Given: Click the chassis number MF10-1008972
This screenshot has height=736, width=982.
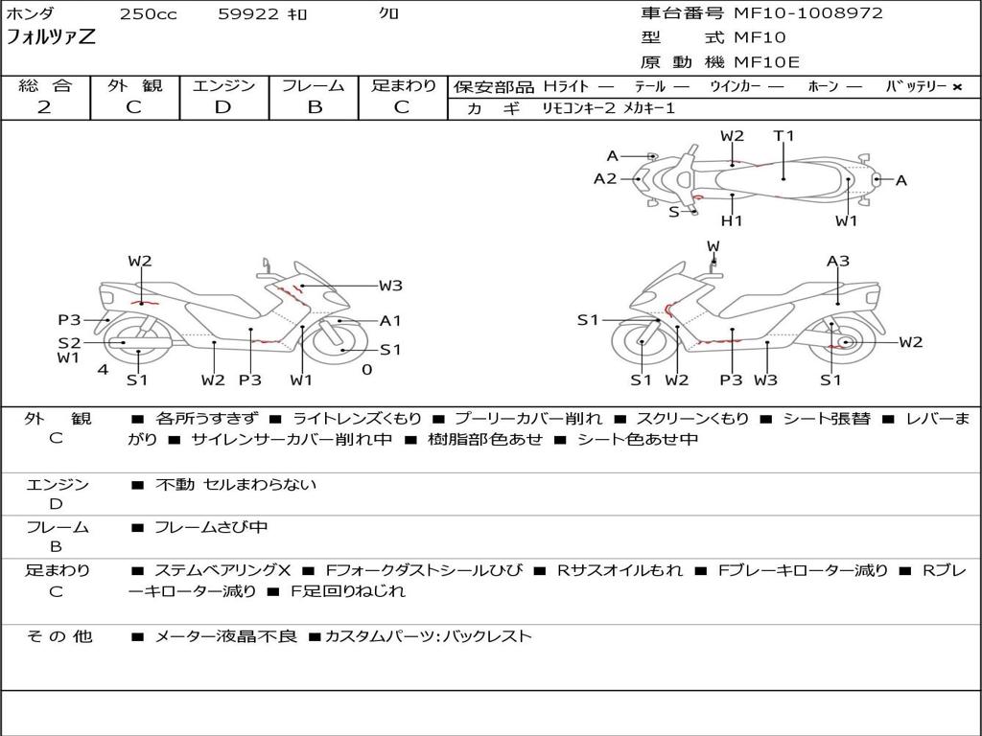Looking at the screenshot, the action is [x=807, y=13].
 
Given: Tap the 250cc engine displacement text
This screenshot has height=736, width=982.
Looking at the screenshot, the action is [x=148, y=14].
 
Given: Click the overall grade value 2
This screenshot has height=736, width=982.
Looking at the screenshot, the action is [x=44, y=107].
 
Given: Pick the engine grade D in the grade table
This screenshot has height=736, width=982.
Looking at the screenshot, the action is [x=222, y=107].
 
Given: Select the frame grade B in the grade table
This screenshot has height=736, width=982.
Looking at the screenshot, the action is [x=314, y=107].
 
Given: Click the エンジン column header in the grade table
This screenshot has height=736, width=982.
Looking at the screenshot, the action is [x=223, y=85].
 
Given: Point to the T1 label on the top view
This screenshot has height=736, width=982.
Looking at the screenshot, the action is [x=783, y=136].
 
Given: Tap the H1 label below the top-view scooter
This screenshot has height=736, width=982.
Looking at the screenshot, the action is [x=732, y=221].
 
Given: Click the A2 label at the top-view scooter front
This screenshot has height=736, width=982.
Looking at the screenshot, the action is [x=605, y=178].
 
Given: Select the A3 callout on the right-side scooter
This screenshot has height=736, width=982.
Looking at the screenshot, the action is [x=838, y=261].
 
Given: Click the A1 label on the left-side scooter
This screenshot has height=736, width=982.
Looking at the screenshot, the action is [x=390, y=321].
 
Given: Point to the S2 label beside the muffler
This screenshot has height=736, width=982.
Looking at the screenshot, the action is [x=69, y=342].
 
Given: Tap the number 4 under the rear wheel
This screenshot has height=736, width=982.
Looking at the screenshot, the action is [x=102, y=370].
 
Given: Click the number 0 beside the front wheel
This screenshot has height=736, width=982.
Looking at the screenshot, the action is [x=366, y=370].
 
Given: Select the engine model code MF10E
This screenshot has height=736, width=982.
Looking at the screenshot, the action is [x=766, y=62].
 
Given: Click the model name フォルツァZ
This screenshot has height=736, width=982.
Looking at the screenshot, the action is [x=51, y=38].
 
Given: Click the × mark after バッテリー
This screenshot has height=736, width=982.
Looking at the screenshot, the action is [x=956, y=86].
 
